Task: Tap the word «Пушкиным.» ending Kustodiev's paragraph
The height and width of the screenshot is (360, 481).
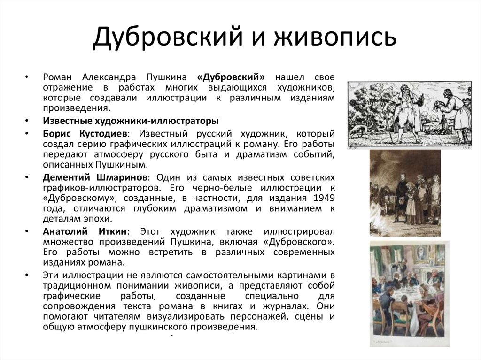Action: pos(120,165)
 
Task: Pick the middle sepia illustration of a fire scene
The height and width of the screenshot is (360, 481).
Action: pos(405,193)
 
